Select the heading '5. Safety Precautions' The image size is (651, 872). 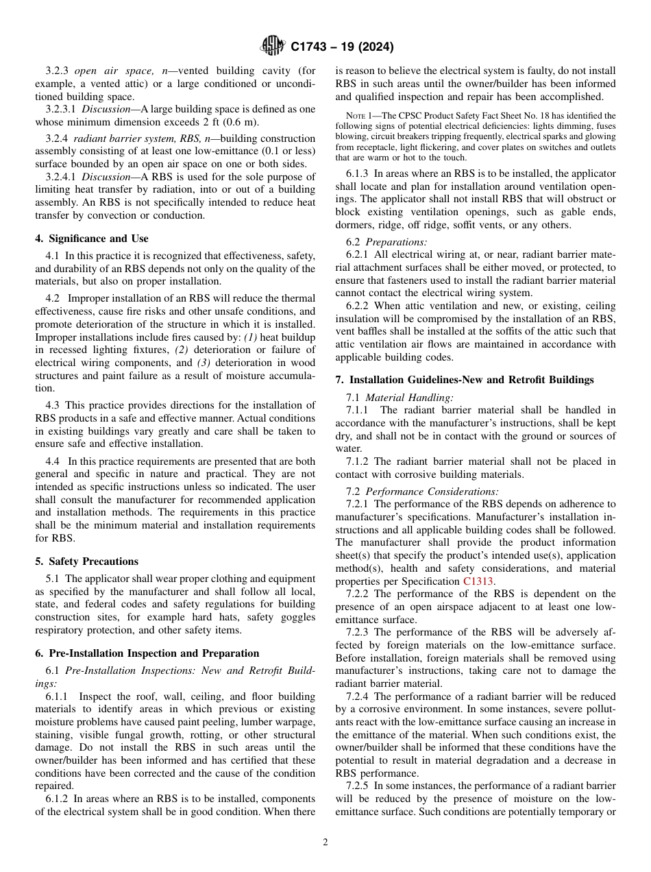point(86,561)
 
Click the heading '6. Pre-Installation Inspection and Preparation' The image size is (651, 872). point(147,653)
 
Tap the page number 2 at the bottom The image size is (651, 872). point(325,843)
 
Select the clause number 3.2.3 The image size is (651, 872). point(58,71)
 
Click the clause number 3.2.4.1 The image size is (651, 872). point(61,177)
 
